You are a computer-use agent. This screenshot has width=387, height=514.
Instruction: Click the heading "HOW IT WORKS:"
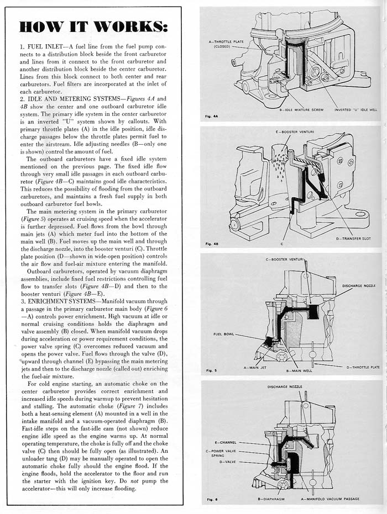(x=92, y=27)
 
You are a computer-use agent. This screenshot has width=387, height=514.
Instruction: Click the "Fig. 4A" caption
(x=211, y=116)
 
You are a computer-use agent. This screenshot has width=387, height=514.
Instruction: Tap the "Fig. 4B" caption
(x=211, y=243)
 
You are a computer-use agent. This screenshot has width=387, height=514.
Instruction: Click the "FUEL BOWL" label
(x=225, y=333)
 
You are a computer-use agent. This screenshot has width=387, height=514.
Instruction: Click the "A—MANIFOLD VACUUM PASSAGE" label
(x=330, y=499)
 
